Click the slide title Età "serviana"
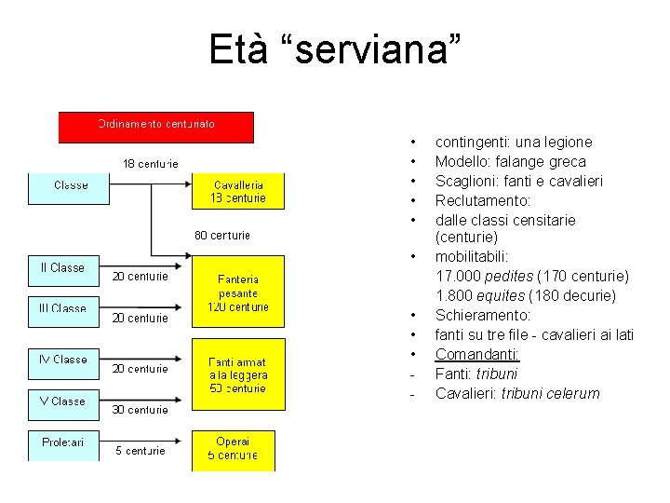pyautogui.click(x=334, y=48)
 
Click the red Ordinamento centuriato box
pyautogui.click(x=156, y=127)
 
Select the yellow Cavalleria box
pyautogui.click(x=239, y=191)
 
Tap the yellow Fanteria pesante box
pyautogui.click(x=239, y=292)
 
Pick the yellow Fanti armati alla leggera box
pyautogui.click(x=239, y=374)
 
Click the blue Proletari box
pyautogui.click(x=63, y=446)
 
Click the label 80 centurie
pyautogui.click(x=222, y=235)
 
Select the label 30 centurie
pyautogui.click(x=141, y=409)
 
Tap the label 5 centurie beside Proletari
pyautogui.click(x=141, y=451)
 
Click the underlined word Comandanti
pyautogui.click(x=477, y=354)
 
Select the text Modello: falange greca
pyautogui.click(x=510, y=161)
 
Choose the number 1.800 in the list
pyautogui.click(x=456, y=295)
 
